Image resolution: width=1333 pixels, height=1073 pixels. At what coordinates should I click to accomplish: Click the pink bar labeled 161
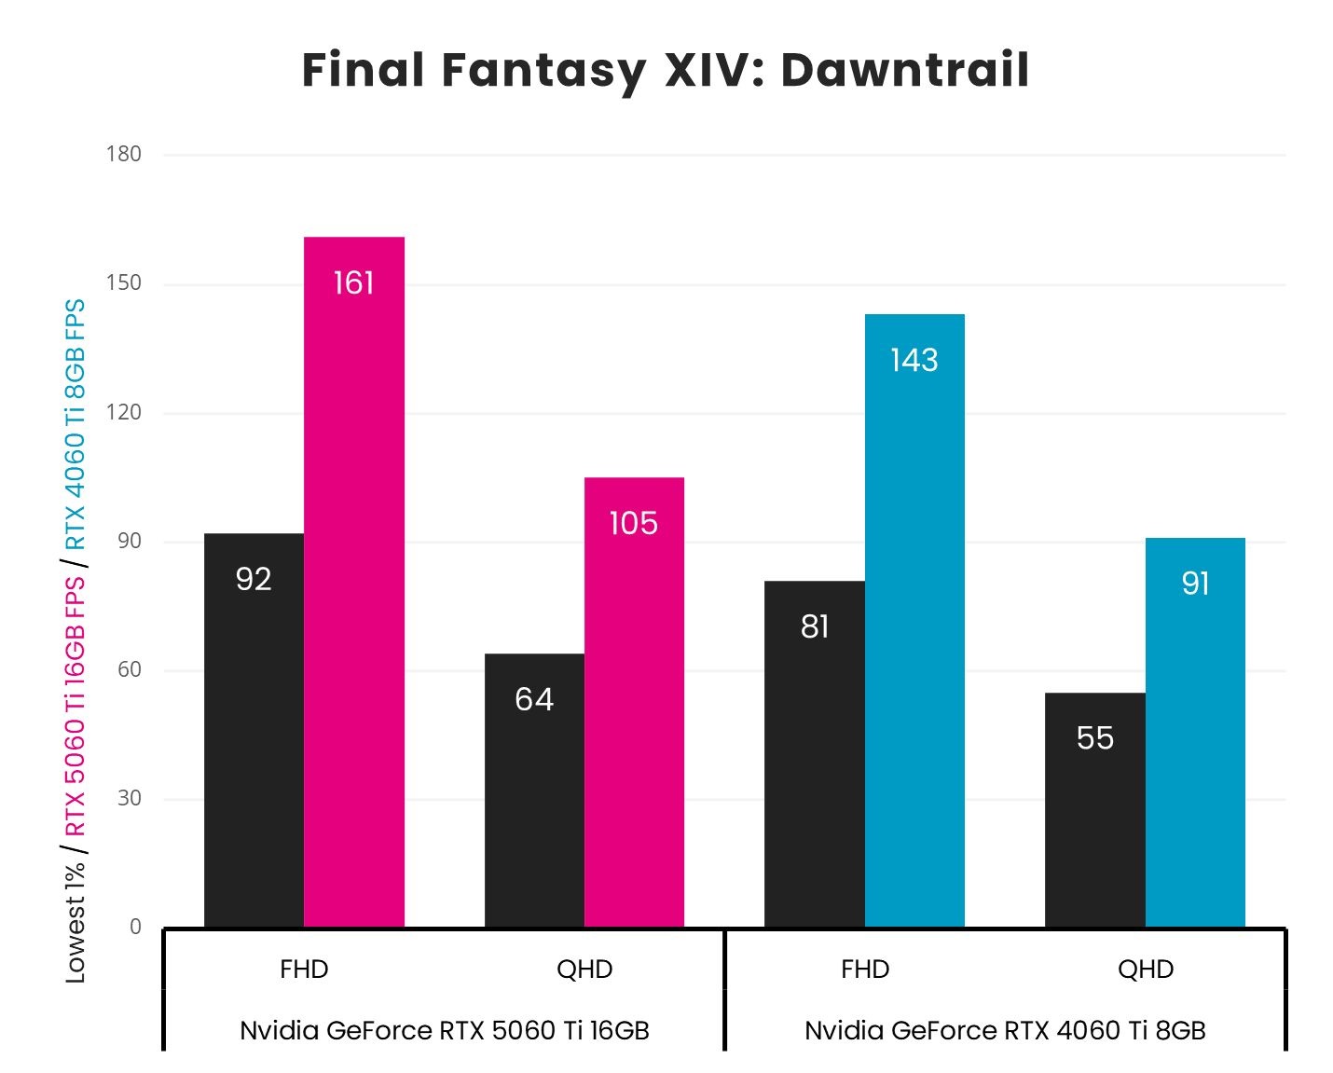pos(354,582)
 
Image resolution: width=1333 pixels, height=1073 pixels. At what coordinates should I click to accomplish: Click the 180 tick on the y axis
pos(124,155)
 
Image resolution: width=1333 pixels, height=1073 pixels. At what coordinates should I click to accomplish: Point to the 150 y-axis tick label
pos(124,283)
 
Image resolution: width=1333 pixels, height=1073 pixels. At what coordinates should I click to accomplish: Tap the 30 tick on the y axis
pos(129,798)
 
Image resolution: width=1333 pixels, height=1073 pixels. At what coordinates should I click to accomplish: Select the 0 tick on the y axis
pos(135,927)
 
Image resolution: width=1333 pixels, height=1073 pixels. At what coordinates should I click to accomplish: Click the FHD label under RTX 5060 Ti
pos(304,970)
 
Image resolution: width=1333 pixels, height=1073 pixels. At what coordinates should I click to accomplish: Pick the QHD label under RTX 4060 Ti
pos(1146,970)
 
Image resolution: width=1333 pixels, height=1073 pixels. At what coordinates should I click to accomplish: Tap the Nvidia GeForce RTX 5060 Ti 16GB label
pos(445,1030)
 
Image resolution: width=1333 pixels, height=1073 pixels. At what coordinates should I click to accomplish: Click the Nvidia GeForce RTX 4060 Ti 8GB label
pos(1005,1030)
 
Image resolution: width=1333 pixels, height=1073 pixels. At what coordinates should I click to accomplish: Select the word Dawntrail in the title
pos(904,70)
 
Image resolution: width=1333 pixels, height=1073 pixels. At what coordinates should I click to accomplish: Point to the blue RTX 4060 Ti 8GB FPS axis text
pos(75,424)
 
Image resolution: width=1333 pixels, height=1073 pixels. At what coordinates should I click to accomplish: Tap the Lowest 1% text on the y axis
pos(75,923)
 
